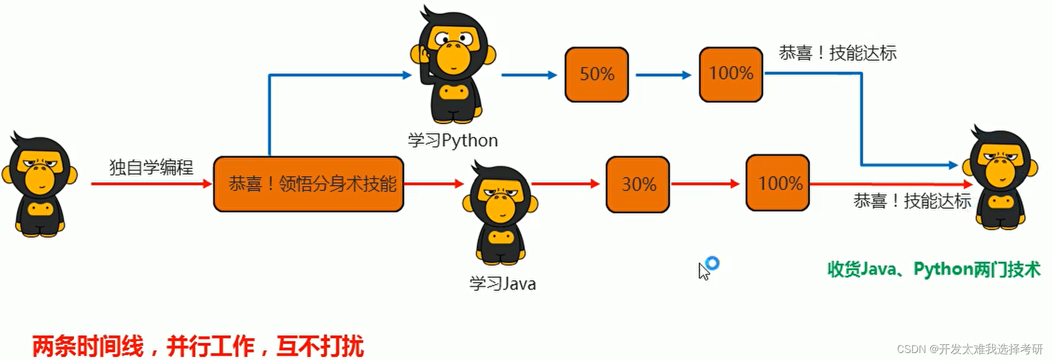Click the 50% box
(596, 74)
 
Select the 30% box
(637, 184)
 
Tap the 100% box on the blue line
(730, 74)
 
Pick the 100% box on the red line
(777, 183)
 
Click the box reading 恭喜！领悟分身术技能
(308, 184)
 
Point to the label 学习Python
(452, 141)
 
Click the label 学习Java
(502, 284)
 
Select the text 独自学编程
(151, 167)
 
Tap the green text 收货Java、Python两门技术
(934, 269)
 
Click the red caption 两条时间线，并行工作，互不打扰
(197, 347)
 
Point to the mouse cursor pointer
(704, 271)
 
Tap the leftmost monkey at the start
(39, 184)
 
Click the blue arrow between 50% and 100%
(663, 75)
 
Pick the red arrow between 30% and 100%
(705, 184)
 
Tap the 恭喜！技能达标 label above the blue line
(837, 53)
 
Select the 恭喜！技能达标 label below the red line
(912, 201)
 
